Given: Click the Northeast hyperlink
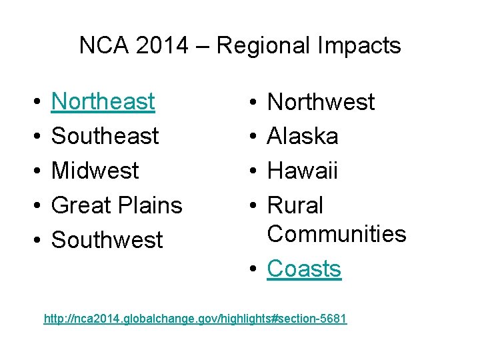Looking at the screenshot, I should pos(103,102).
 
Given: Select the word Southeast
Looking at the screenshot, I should pos(105,136).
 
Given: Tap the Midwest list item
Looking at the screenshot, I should pos(95,171).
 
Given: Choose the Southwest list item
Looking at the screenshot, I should pos(107,240).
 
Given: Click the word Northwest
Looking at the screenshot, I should pos(321,103).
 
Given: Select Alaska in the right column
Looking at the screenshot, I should pos(303,137).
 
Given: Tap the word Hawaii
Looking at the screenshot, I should pos(302,171).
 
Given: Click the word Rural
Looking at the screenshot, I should pos(295,205).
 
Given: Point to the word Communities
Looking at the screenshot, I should pos(336,234).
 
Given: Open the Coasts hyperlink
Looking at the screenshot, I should pos(304,269).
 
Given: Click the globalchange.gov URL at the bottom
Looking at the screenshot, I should pos(195,319).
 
